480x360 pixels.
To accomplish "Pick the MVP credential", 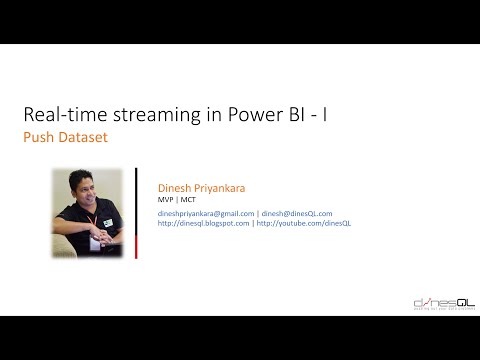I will pyautogui.click(x=167, y=199).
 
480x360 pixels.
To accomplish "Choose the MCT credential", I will pyautogui.click(x=187, y=199).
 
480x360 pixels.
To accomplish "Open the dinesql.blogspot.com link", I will pyautogui.click(x=204, y=223).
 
